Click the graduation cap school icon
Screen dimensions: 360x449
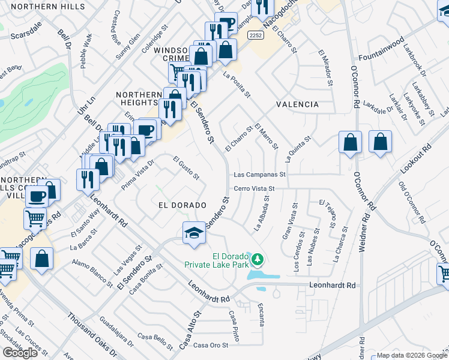tap(194, 233)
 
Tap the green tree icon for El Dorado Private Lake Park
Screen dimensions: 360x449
tap(258, 259)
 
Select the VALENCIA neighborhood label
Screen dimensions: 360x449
tap(297, 104)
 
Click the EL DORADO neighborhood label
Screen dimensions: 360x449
tap(178, 205)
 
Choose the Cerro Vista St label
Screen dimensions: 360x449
tap(254, 188)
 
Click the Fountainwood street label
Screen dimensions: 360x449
tap(398, 44)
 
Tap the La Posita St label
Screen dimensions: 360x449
tap(236, 85)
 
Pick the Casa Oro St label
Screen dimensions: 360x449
tap(211, 344)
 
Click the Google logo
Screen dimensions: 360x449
tap(20, 353)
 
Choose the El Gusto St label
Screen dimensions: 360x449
tap(186, 168)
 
